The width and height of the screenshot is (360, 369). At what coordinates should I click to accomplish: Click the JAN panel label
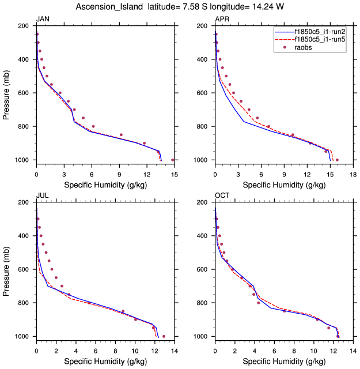[43, 20]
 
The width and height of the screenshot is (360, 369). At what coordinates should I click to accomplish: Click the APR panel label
[222, 20]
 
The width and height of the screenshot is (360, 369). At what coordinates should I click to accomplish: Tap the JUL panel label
[42, 196]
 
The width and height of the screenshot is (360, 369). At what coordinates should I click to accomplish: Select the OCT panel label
[222, 196]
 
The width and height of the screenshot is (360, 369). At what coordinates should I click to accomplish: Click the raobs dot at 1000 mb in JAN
[173, 160]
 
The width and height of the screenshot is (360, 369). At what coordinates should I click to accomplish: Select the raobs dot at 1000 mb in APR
[337, 160]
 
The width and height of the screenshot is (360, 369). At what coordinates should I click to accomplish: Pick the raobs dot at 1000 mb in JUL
[164, 336]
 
